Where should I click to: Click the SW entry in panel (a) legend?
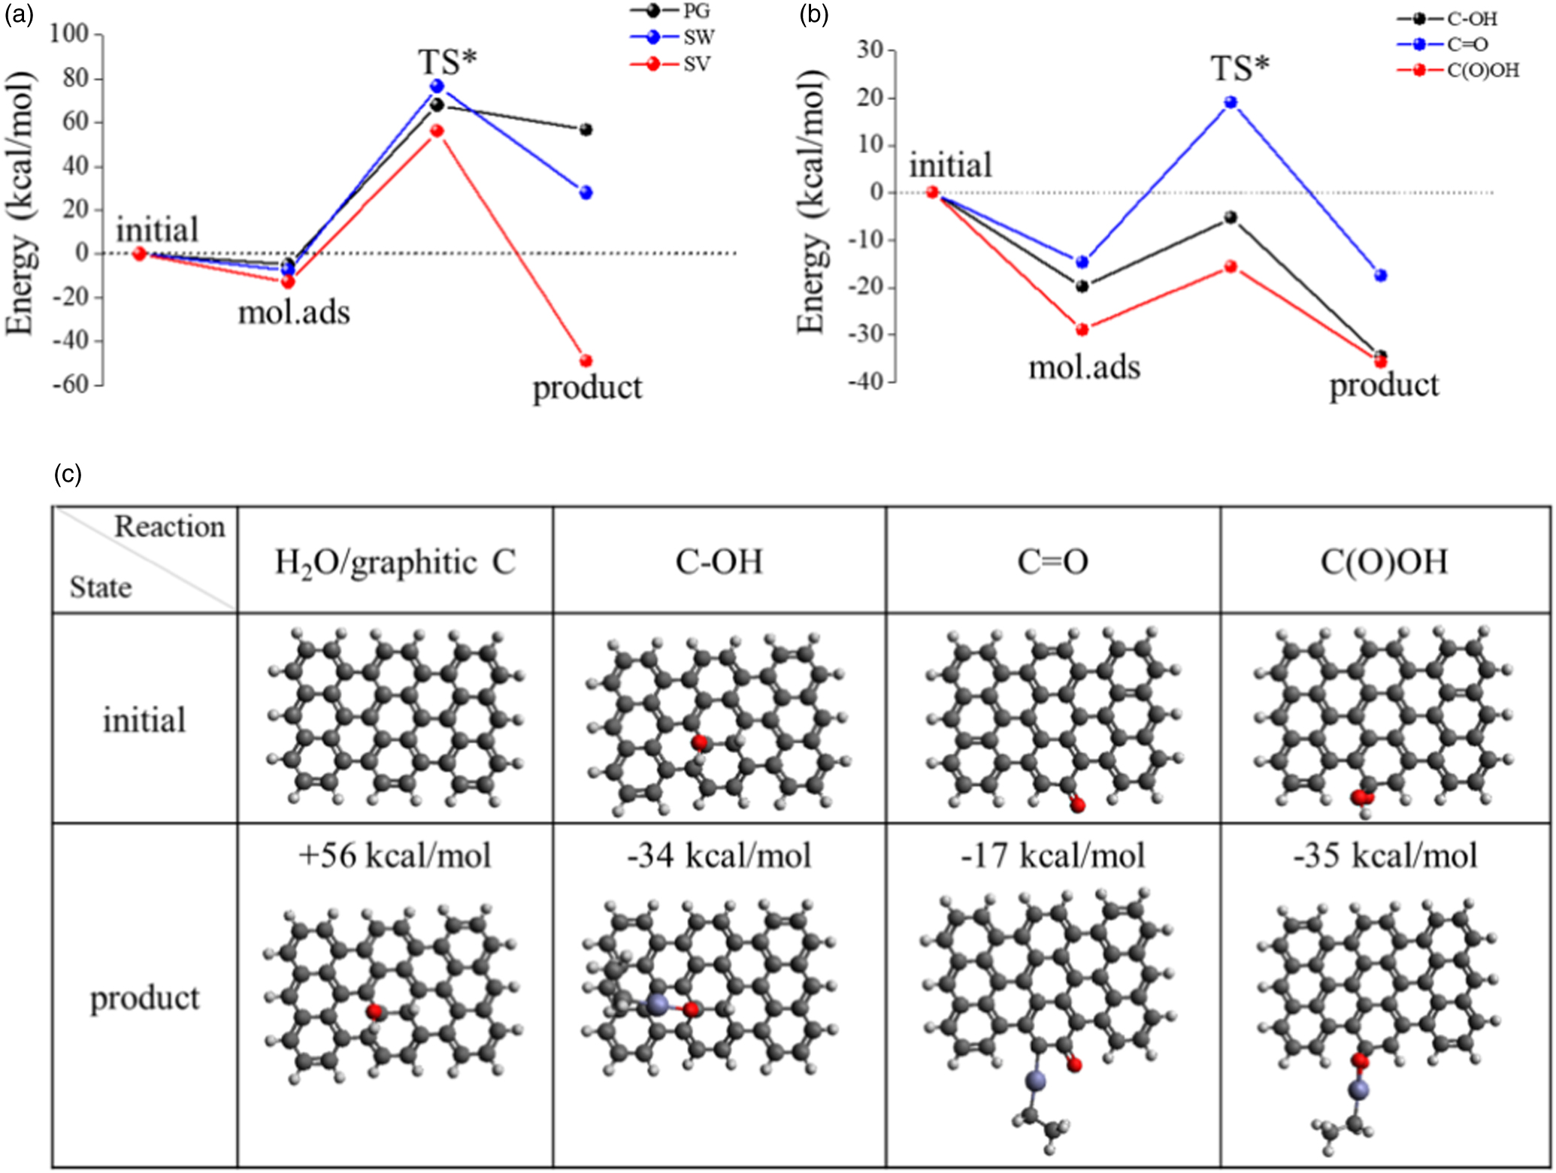tap(698, 38)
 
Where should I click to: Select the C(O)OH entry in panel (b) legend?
tap(1482, 71)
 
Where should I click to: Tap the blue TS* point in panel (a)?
tap(437, 86)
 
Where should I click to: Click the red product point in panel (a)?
tap(586, 361)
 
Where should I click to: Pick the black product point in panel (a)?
tap(586, 130)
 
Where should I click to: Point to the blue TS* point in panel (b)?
tap(1231, 102)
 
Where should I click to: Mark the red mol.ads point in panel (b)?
tap(1082, 329)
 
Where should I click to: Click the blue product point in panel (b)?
tap(1381, 276)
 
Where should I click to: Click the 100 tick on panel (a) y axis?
tap(69, 33)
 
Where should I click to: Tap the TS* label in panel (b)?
tap(1240, 69)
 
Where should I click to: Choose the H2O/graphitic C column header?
tap(395, 562)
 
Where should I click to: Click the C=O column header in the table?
tap(1052, 562)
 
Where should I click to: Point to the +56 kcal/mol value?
tap(395, 856)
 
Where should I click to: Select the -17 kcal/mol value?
tap(1052, 856)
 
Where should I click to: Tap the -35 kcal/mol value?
tap(1385, 856)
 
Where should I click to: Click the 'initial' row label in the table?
tap(144, 720)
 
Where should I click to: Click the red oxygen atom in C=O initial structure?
tap(1078, 806)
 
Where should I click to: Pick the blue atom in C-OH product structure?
tap(657, 1005)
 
